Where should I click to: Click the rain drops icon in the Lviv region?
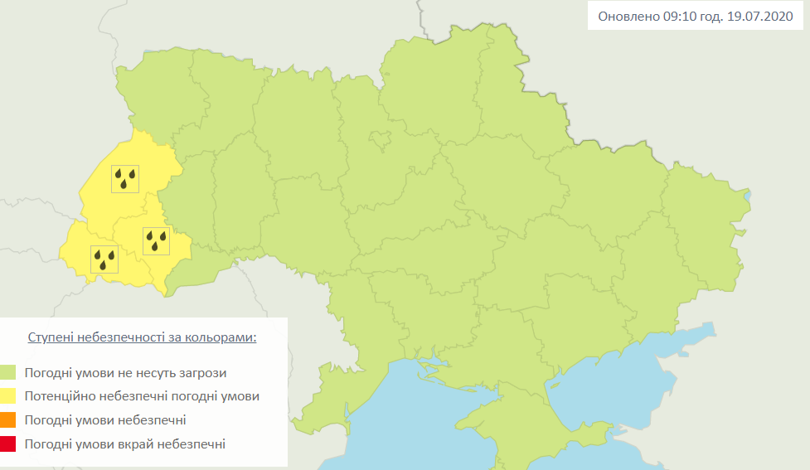pos(125,178)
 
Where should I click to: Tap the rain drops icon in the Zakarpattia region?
pos(104,259)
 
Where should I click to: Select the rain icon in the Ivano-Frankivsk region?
pos(156,240)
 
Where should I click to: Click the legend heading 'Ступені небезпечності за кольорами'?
pos(142,338)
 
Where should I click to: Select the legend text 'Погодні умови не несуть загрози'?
pos(125,373)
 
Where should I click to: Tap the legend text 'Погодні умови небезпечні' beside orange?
pos(104,420)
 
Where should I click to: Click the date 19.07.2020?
pos(760,16)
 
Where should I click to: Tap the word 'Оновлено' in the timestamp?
pos(627,16)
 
